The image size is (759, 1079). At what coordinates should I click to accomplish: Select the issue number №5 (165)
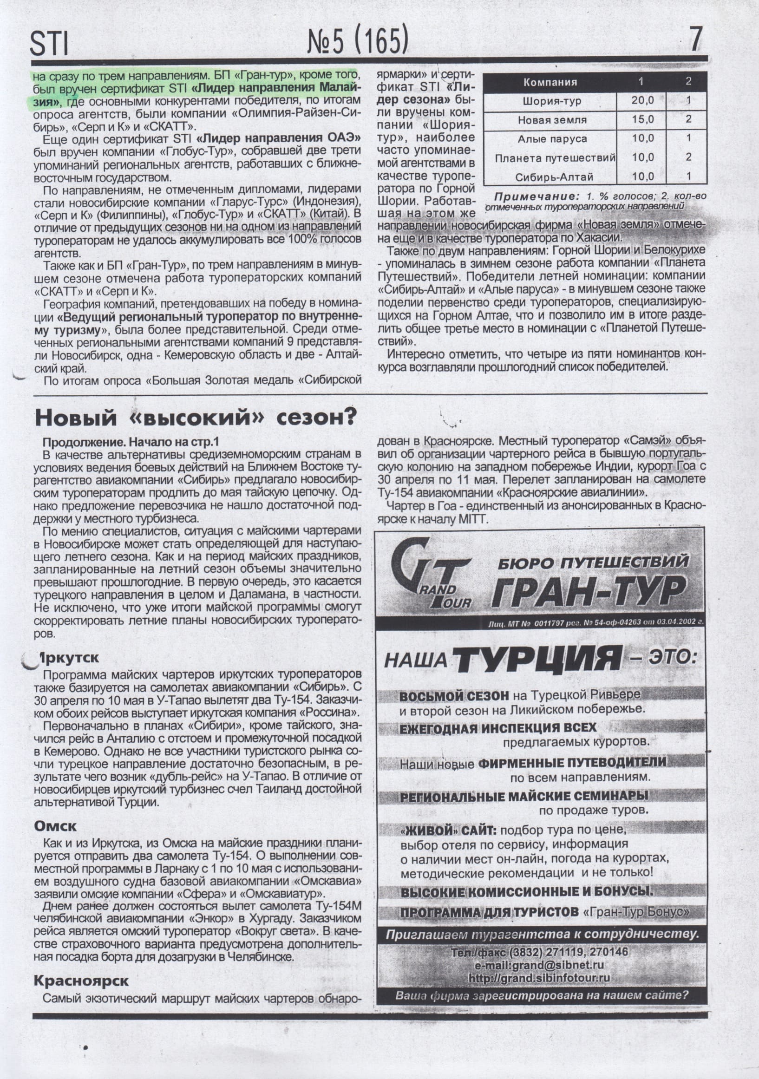coord(358,41)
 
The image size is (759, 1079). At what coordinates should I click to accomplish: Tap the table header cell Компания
coord(550,82)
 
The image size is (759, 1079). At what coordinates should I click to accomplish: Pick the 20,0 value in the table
coord(642,100)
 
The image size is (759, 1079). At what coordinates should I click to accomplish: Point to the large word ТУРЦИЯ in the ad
coord(538,659)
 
